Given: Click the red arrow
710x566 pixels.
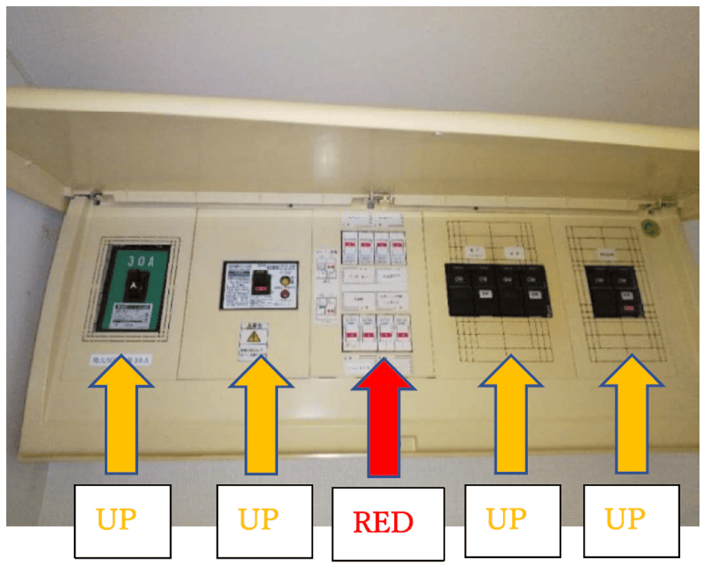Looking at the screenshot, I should coord(383,422).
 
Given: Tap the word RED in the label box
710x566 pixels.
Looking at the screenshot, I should coord(383,522).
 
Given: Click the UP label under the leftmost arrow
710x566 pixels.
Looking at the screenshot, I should coord(122,520).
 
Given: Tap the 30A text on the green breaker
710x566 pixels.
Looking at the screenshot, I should coord(138,261).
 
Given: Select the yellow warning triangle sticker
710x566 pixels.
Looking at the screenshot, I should coord(253,337).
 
